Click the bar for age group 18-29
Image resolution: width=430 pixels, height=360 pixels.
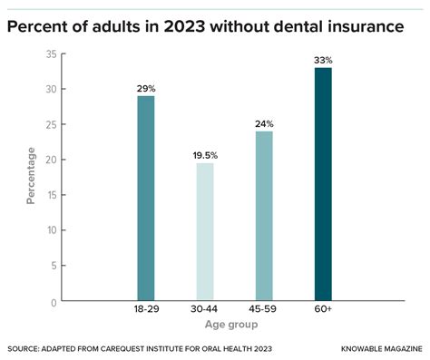(146, 199)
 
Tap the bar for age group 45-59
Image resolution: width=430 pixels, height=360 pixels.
(264, 217)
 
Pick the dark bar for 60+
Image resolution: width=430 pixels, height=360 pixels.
(323, 185)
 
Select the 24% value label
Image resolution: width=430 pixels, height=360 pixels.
(264, 122)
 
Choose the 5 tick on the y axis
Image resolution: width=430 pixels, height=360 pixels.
(54, 267)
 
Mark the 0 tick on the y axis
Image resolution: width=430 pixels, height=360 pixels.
(54, 302)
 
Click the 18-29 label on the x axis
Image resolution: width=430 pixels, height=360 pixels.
(146, 311)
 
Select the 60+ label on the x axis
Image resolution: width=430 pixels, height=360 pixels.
(323, 311)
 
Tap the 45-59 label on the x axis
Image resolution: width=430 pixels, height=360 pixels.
(264, 311)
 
